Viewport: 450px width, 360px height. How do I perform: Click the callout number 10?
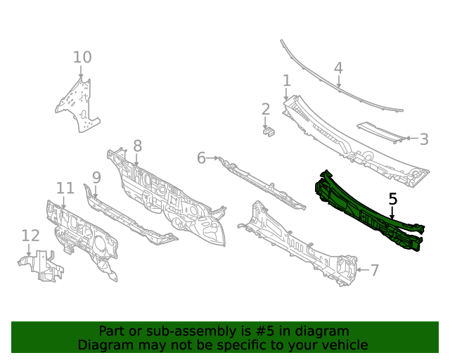click(x=82, y=57)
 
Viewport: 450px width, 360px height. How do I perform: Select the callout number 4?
click(x=339, y=68)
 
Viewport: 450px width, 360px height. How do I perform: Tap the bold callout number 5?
click(x=393, y=199)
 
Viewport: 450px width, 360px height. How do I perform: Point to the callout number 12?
click(x=30, y=236)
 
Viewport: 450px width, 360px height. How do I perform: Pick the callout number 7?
click(x=375, y=270)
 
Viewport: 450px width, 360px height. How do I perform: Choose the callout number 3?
click(x=424, y=139)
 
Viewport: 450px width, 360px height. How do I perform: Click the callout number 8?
click(x=138, y=146)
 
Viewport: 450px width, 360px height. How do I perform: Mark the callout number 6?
click(x=202, y=158)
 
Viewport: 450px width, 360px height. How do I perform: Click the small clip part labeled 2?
click(x=269, y=131)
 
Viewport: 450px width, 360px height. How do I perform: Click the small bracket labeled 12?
click(x=41, y=266)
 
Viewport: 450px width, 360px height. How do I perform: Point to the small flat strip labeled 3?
click(x=382, y=131)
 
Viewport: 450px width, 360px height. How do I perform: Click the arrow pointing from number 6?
click(x=212, y=158)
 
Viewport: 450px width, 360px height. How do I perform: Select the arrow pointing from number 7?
click(x=363, y=270)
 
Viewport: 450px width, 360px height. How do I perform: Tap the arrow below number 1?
click(x=286, y=94)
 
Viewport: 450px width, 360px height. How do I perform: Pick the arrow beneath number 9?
click(x=96, y=192)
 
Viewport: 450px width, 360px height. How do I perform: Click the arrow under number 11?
click(x=64, y=202)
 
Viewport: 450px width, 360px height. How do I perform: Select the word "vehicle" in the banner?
click(x=349, y=345)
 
